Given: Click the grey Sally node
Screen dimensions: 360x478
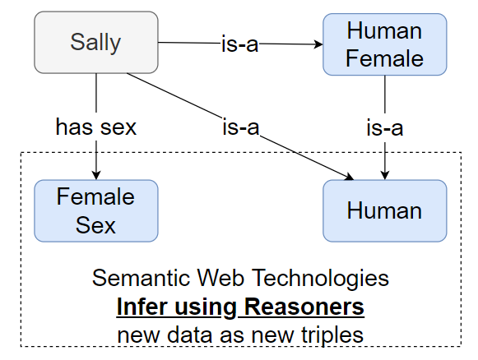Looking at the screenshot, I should click(95, 41).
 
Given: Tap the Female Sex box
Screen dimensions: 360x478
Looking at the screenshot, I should click(95, 210).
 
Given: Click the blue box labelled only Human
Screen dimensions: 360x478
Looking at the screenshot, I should click(384, 210).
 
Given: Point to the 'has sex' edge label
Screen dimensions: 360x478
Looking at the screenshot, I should click(95, 127).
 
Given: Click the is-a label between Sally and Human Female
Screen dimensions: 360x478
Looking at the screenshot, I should click(239, 44).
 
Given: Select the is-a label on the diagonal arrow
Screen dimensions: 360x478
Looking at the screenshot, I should click(239, 127).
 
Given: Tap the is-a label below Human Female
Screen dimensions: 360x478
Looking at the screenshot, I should click(384, 127).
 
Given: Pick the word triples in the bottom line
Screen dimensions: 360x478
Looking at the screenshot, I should click(331, 335).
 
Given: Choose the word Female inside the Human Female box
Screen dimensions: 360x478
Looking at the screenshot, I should click(384, 59).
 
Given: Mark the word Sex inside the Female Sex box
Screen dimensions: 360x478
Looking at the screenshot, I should click(95, 224).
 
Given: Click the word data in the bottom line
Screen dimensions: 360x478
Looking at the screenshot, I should click(195, 335).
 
